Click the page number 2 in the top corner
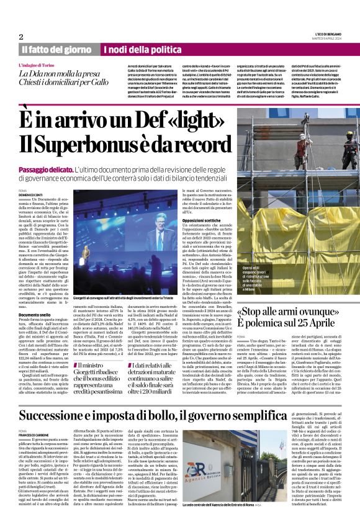[21, 37]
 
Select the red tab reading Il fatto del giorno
[58, 49]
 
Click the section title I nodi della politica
[138, 49]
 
